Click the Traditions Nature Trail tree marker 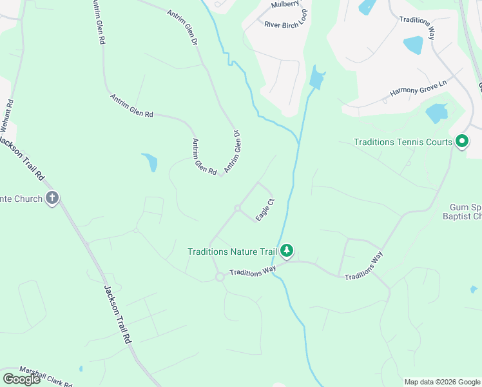[287, 250]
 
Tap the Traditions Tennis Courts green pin [461, 141]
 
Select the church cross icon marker [52, 199]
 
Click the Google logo [21, 379]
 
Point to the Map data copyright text [442, 382]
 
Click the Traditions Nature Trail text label [232, 251]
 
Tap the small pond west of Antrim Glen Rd [150, 162]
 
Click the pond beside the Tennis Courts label [436, 113]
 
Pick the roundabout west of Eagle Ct [237, 208]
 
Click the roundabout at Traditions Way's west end [219, 277]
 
